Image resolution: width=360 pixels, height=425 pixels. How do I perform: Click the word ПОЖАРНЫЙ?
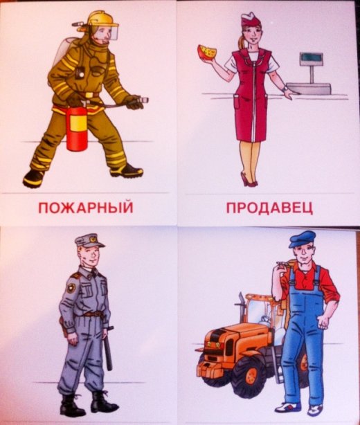click(x=86, y=208)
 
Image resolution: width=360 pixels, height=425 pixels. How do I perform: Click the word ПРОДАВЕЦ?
click(x=269, y=208)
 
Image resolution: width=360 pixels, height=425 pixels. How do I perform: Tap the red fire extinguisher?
click(x=77, y=127)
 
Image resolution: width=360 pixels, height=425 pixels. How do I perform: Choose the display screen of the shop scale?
click(x=312, y=57)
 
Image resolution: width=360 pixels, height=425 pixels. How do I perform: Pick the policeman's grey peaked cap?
click(x=89, y=241)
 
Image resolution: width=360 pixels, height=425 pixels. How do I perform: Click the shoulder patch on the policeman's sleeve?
click(x=71, y=287)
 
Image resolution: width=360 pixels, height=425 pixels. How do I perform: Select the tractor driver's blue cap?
click(x=301, y=239)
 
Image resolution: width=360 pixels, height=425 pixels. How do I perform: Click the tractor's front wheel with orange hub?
click(x=247, y=374)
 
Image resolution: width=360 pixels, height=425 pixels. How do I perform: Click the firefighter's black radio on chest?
click(x=80, y=73)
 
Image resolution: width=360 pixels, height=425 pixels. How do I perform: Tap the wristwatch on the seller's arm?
click(x=285, y=89)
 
